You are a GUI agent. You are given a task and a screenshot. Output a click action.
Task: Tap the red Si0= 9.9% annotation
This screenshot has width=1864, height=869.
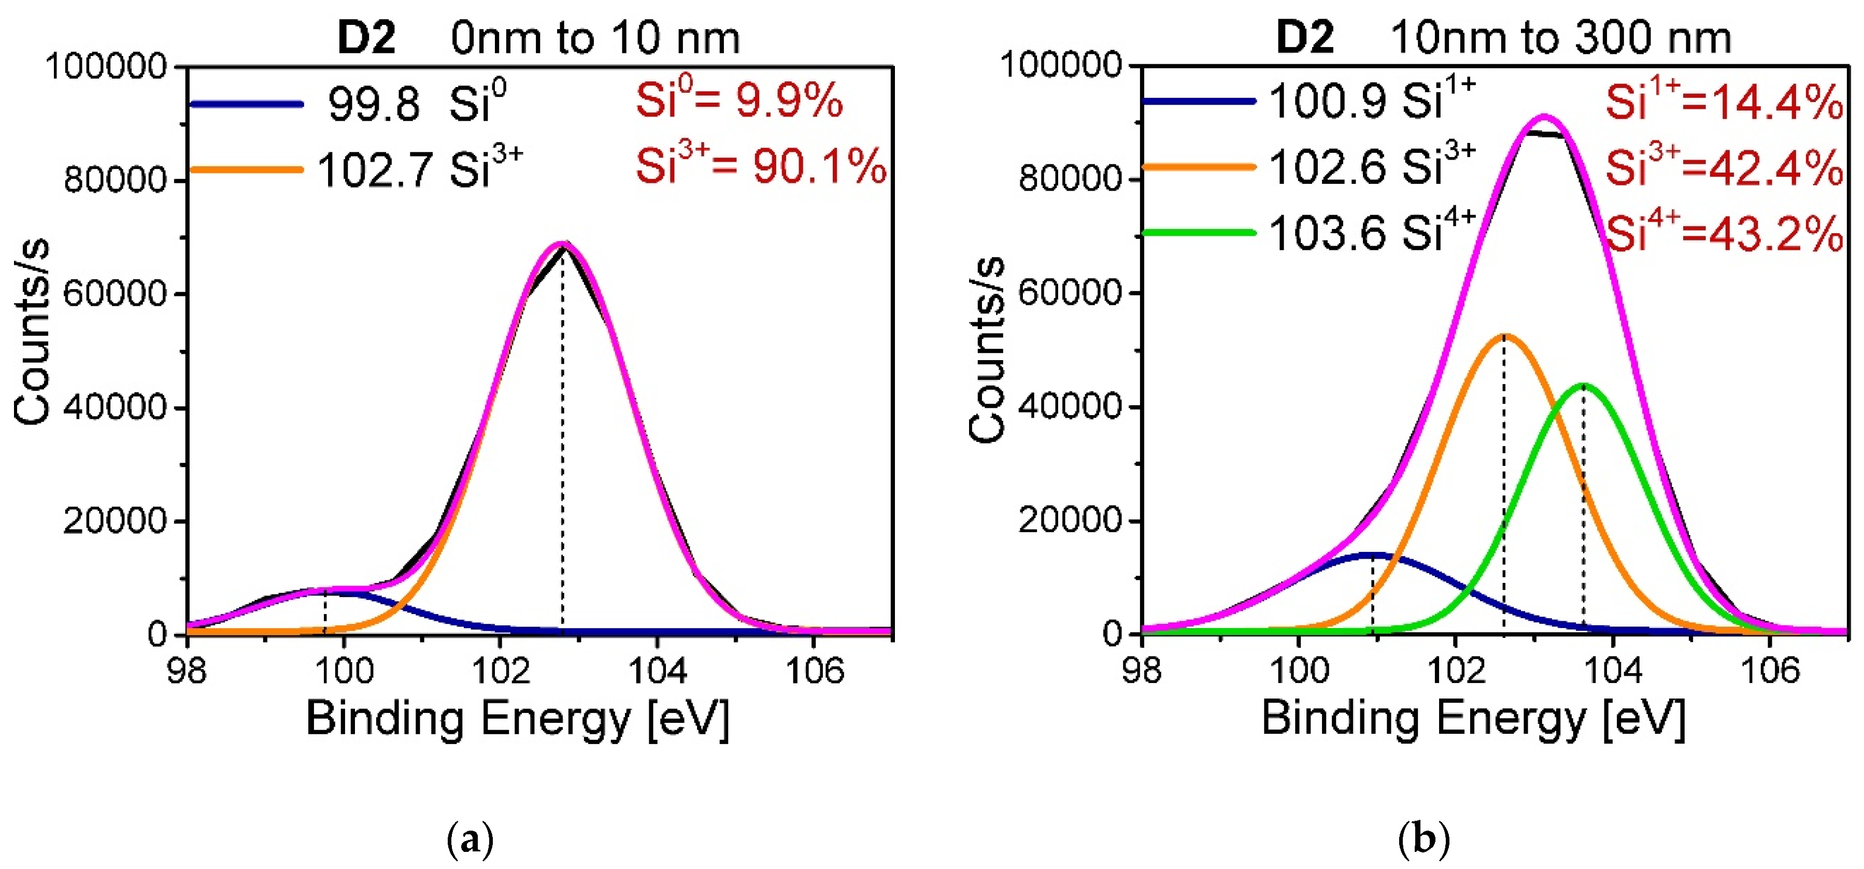tap(739, 100)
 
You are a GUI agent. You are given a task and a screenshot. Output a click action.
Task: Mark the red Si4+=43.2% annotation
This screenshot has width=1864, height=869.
tap(1725, 233)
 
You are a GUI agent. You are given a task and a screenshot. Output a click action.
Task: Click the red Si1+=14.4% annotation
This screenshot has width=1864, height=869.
tap(1725, 101)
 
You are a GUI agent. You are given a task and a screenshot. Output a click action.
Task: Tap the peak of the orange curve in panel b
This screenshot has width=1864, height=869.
tap(1504, 336)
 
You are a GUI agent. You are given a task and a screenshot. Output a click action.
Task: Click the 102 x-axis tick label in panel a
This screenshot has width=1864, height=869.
tap(500, 671)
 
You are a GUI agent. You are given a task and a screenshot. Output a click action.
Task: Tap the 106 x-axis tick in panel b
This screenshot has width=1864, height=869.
tap(1769, 671)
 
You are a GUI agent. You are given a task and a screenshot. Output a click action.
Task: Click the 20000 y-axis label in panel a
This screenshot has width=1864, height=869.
tap(115, 520)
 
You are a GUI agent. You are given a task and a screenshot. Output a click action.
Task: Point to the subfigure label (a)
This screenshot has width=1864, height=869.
tap(471, 840)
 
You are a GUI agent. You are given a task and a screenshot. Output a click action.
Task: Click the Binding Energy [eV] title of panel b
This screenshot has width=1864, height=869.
tap(1473, 719)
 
